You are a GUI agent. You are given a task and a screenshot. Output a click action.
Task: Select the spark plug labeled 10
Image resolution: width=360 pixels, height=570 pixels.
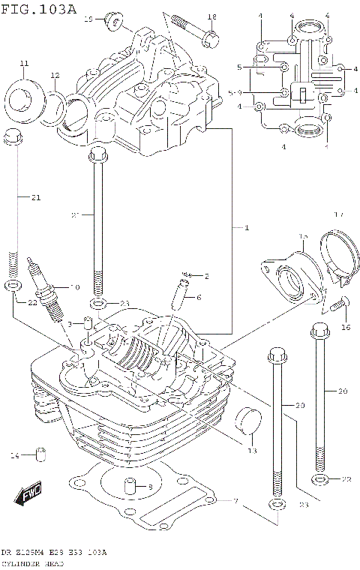click(44, 288)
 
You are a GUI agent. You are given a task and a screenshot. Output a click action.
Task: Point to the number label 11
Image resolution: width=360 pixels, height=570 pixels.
click(23, 62)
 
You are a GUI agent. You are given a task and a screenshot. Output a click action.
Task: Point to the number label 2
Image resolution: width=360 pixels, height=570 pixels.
click(206, 276)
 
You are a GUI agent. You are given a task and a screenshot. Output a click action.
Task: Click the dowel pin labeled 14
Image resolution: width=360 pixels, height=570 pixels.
click(42, 454)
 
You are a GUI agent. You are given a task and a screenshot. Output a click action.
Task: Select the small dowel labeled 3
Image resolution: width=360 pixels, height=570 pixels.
click(87, 324)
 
